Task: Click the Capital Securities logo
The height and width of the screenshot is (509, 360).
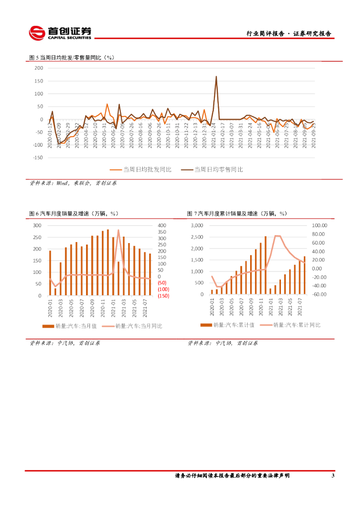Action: tap(60, 33)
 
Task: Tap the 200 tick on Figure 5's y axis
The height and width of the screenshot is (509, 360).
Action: tap(38, 68)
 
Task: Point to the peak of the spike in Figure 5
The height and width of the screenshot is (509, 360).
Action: tap(216, 77)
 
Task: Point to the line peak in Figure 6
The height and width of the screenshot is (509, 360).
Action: tap(118, 230)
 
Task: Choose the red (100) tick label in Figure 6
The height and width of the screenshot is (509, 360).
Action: tap(163, 289)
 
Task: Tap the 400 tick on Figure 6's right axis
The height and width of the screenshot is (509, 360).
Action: tap(162, 226)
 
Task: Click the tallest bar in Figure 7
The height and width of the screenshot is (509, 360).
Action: tap(266, 265)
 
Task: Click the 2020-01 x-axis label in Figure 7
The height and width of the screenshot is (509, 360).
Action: tap(212, 307)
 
